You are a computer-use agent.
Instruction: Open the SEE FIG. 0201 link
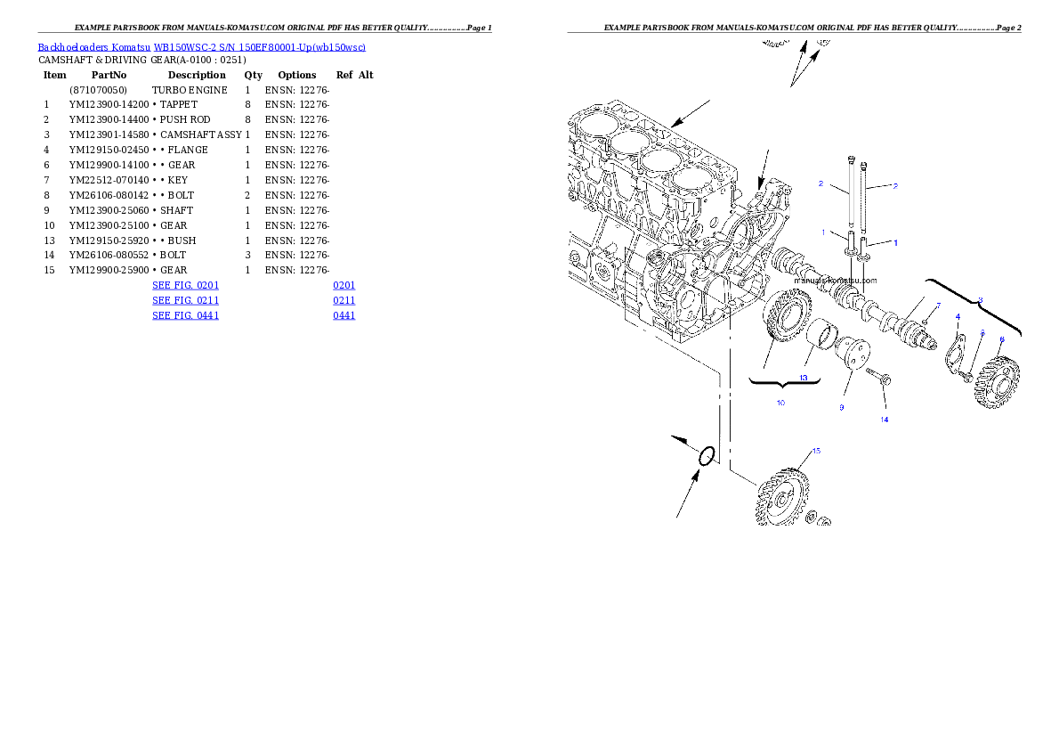(x=185, y=285)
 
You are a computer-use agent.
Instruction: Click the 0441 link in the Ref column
(x=344, y=315)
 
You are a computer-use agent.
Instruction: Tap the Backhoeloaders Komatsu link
(x=93, y=47)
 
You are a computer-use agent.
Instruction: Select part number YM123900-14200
(x=109, y=104)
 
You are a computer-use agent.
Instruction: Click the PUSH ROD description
(x=185, y=119)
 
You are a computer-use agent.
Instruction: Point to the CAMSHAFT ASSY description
(x=200, y=135)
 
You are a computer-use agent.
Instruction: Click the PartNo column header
(x=109, y=75)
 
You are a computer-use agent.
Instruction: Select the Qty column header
(x=254, y=75)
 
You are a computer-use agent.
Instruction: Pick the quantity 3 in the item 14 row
(x=248, y=255)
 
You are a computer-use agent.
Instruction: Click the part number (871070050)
(x=98, y=90)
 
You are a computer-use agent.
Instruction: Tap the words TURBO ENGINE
(x=189, y=90)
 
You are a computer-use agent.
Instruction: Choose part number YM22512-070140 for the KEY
(x=109, y=180)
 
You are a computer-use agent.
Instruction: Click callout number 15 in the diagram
(x=816, y=451)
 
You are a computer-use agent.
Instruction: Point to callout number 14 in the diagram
(x=884, y=420)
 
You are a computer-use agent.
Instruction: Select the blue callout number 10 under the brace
(x=780, y=404)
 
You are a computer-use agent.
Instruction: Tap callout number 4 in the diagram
(x=958, y=316)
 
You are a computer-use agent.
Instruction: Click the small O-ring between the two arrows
(x=707, y=456)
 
